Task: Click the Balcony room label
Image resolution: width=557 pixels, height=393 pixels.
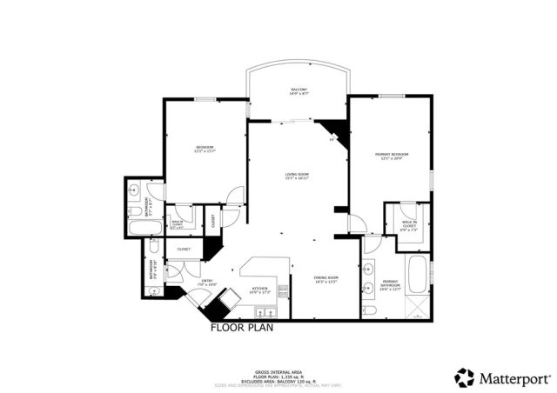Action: click(298, 91)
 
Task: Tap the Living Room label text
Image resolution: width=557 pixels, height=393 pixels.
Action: click(297, 177)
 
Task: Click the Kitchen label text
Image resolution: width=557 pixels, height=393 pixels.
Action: click(259, 290)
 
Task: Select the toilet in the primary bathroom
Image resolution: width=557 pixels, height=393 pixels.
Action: click(370, 310)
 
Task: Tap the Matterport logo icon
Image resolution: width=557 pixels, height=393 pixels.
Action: click(465, 377)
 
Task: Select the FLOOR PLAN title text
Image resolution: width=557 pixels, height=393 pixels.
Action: click(243, 329)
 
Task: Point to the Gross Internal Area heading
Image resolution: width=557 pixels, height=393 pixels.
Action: click(278, 370)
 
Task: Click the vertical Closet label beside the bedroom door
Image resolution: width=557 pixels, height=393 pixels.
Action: click(214, 221)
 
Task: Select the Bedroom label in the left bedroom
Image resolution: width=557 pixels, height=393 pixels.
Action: click(205, 148)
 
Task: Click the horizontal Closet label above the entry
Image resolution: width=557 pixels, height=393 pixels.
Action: click(184, 250)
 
